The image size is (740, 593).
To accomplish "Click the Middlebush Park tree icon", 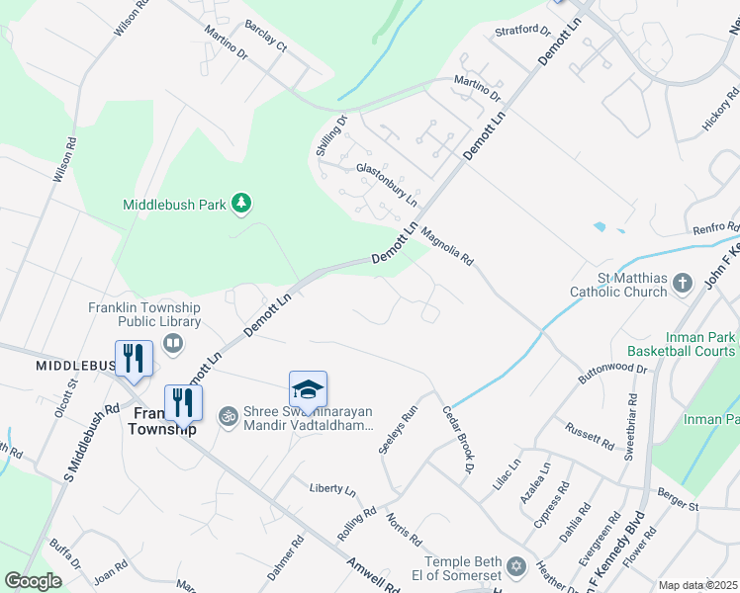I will coord(240,204).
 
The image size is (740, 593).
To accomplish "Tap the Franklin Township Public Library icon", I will coord(174,343).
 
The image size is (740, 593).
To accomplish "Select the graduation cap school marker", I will coord(308,388).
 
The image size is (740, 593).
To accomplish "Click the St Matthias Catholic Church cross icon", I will coord(682,285).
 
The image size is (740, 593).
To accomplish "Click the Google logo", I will coord(33,581).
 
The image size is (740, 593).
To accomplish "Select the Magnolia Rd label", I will coord(448,247).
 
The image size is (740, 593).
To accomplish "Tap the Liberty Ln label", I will coord(332,488).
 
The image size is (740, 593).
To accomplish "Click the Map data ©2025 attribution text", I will coord(696,585).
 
